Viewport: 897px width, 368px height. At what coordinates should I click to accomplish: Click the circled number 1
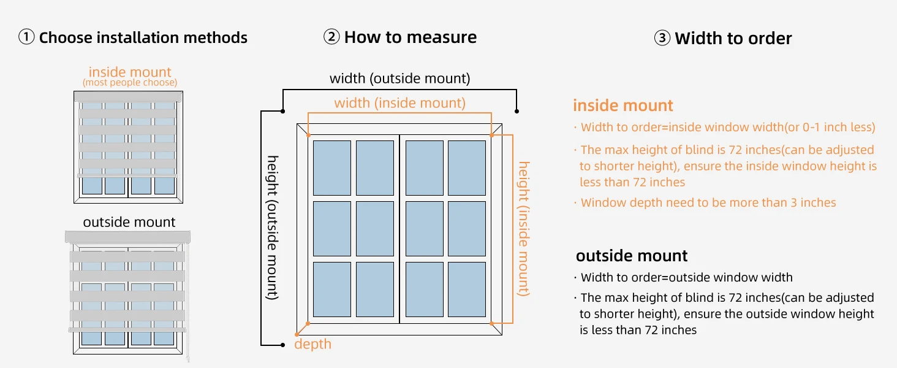pyautogui.click(x=26, y=37)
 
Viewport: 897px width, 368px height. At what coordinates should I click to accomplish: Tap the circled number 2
pyautogui.click(x=331, y=36)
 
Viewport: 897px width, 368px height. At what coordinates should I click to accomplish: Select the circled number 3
pyautogui.click(x=662, y=38)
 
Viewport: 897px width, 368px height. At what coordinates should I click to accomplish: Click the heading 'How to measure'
pyautogui.click(x=411, y=37)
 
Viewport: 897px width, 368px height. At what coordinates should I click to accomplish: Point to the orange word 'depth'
pyautogui.click(x=312, y=344)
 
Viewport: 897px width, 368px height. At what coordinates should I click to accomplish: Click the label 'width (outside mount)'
pyautogui.click(x=399, y=78)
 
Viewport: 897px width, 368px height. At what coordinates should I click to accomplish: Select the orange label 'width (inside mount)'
pyautogui.click(x=399, y=103)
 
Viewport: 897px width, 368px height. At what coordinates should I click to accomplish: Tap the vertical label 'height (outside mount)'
pyautogui.click(x=272, y=228)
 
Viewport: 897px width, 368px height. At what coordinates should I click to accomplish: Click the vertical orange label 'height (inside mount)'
pyautogui.click(x=524, y=229)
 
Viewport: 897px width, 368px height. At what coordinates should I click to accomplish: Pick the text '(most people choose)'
pyautogui.click(x=130, y=83)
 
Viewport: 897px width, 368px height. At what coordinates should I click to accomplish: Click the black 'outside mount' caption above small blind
pyautogui.click(x=129, y=222)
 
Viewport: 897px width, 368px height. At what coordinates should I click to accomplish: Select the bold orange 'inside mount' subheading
pyautogui.click(x=623, y=105)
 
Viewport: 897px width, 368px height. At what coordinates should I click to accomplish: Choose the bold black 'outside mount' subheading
pyautogui.click(x=632, y=256)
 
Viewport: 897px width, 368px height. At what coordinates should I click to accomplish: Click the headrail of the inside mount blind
pyautogui.click(x=128, y=96)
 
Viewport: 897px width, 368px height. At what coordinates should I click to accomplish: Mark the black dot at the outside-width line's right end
pyautogui.click(x=517, y=111)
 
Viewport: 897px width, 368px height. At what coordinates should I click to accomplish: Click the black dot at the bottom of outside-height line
pyautogui.click(x=282, y=345)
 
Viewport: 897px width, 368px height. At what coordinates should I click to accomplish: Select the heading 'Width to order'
pyautogui.click(x=733, y=39)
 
